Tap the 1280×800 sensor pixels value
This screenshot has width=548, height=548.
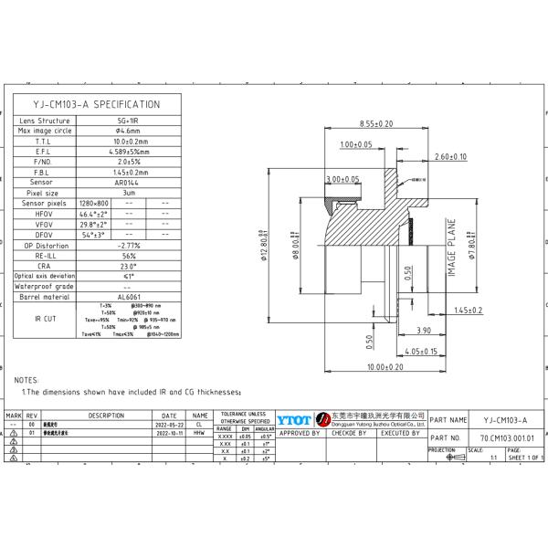(x=93, y=203)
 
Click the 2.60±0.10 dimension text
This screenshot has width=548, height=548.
(x=450, y=156)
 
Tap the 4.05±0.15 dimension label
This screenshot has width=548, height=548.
(x=421, y=351)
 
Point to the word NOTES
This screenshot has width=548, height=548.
(x=27, y=378)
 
